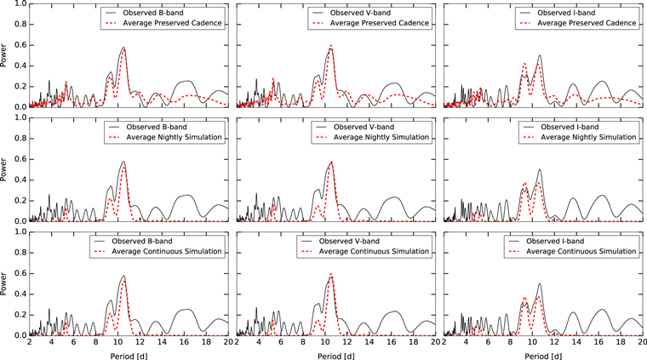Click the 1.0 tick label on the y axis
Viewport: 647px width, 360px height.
[18, 4]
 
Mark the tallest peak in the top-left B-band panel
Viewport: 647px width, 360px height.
[123, 48]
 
